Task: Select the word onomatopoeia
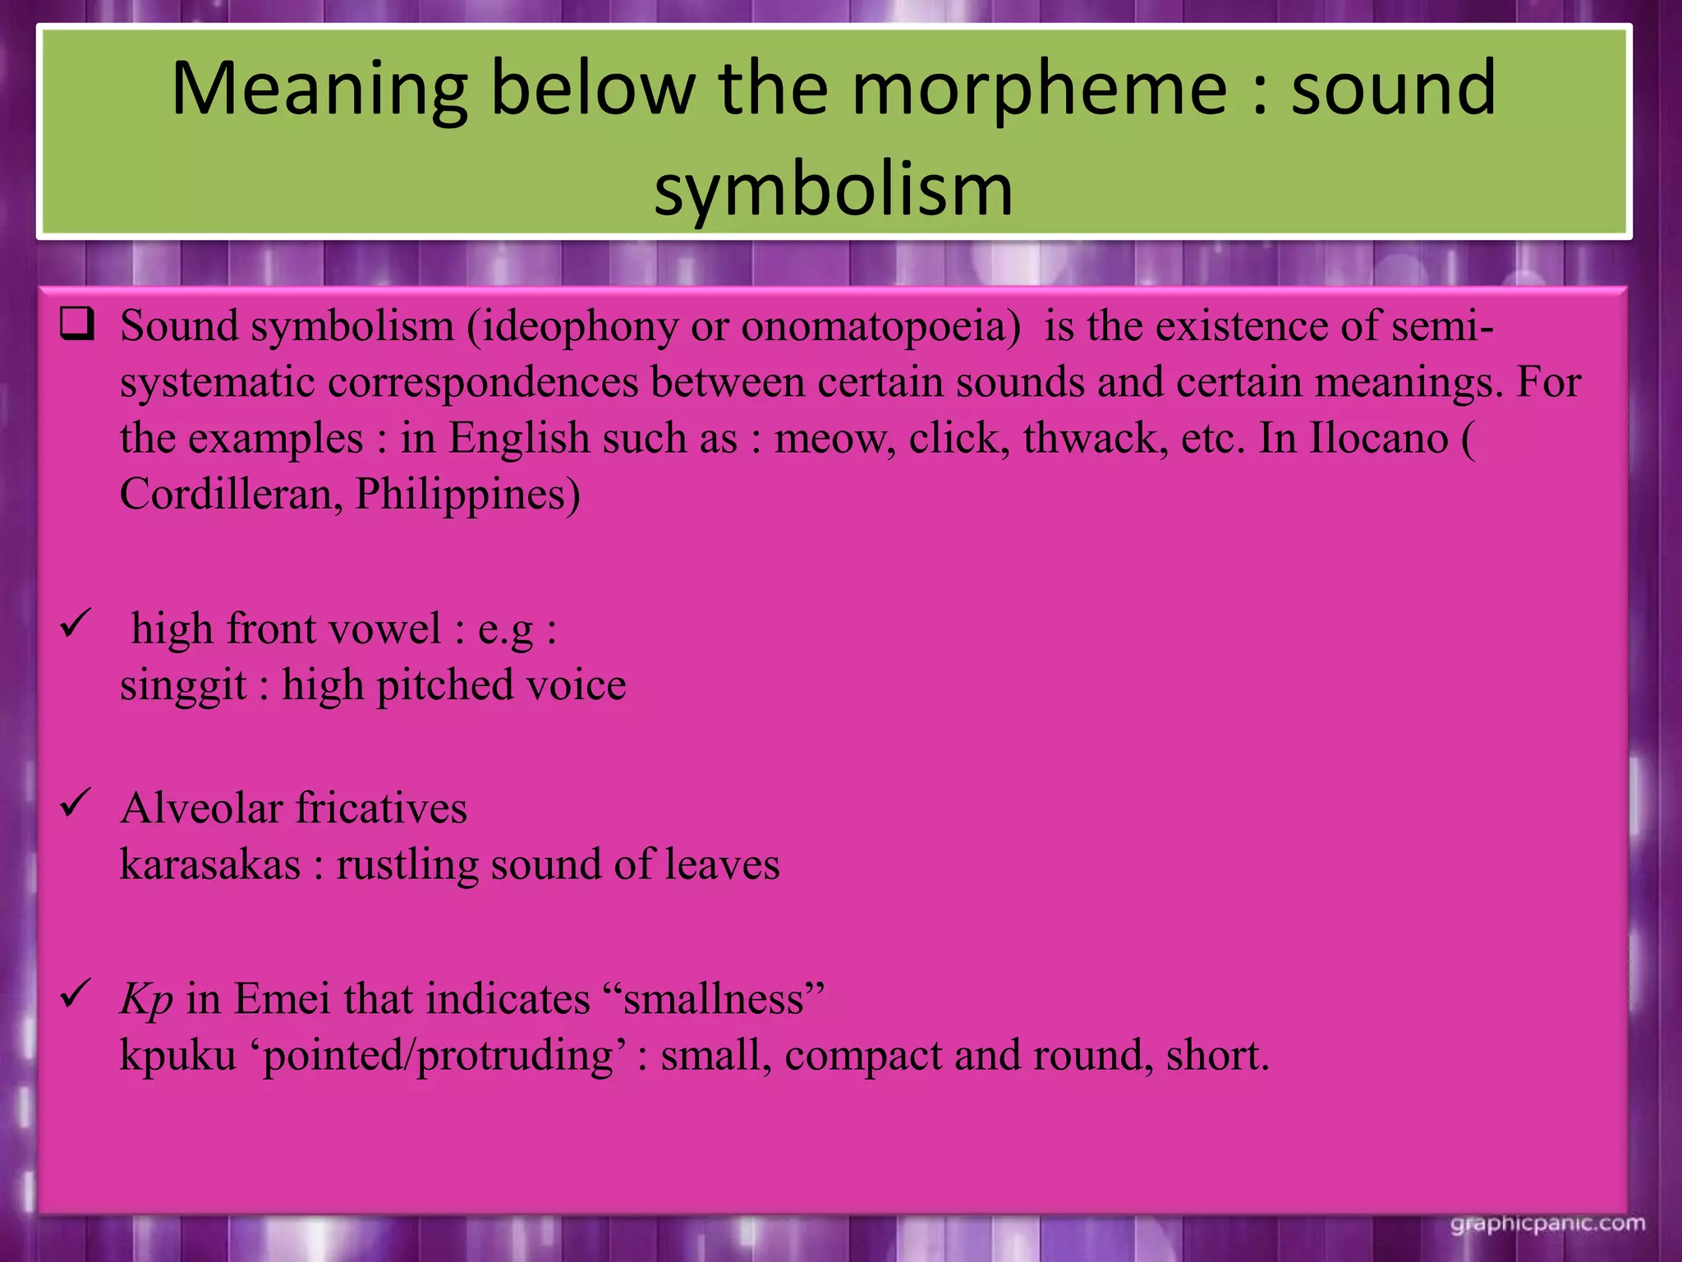pyautogui.click(x=880, y=325)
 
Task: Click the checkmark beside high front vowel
pyautogui.click(x=75, y=626)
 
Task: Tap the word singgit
pyautogui.click(x=182, y=685)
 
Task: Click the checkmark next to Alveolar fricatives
pyautogui.click(x=75, y=804)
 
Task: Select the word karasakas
pyautogui.click(x=210, y=864)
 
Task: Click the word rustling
pyautogui.click(x=407, y=864)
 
